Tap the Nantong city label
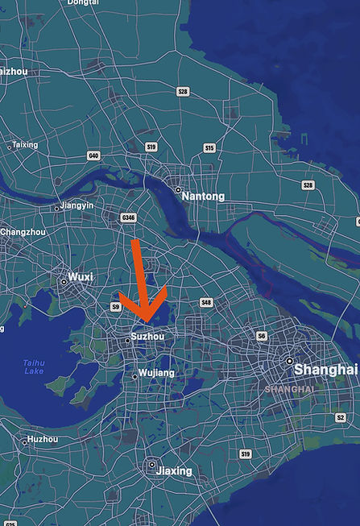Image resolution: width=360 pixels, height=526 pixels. tap(203, 196)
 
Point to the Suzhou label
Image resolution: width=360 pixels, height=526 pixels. tap(147, 336)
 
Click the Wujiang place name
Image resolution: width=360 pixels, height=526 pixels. tap(156, 373)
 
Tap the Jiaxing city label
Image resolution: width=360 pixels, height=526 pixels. tap(175, 470)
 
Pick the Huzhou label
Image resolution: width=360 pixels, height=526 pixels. tap(43, 439)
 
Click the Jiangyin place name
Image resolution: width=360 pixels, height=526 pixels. tap(77, 206)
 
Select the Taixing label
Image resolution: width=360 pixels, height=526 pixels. tap(24, 145)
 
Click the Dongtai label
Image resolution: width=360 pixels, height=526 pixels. tap(83, 3)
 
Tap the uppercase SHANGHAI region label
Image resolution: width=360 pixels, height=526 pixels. tap(289, 388)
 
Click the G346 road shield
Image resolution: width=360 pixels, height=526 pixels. tap(127, 217)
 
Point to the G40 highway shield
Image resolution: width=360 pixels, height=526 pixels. tap(94, 155)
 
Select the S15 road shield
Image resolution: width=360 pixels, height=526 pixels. tap(209, 148)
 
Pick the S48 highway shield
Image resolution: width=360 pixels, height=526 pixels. tap(205, 303)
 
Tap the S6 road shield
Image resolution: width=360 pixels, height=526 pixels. tap(261, 335)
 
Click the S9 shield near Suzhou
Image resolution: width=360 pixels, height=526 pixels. tap(116, 307)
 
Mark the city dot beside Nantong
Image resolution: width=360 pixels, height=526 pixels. tap(177, 190)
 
